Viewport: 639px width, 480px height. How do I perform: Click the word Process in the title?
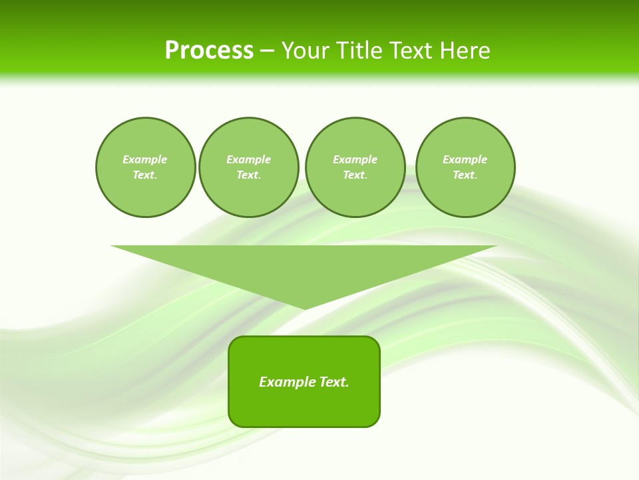click(x=209, y=51)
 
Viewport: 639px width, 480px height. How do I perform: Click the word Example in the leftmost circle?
click(x=145, y=159)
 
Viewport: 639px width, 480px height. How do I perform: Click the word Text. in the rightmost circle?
click(x=465, y=175)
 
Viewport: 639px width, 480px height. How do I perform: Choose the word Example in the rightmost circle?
click(x=465, y=159)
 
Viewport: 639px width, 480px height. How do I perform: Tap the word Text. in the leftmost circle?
click(x=145, y=175)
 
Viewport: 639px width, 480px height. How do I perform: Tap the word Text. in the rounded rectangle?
click(x=334, y=382)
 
